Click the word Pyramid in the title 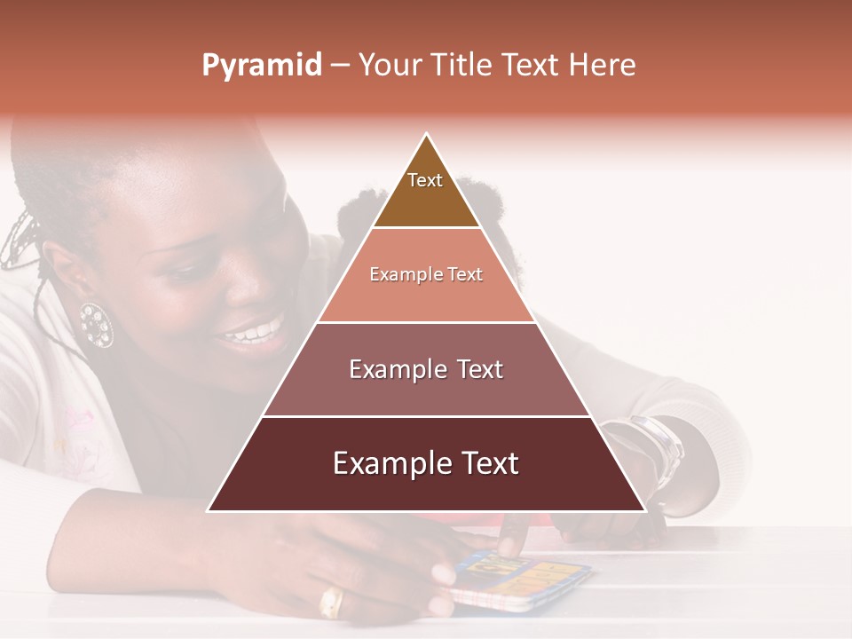click(x=261, y=66)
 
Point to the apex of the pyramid click(x=427, y=135)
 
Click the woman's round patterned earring click(x=96, y=325)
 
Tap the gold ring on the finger click(x=331, y=603)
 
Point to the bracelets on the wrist click(x=658, y=444)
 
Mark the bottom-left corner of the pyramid click(x=208, y=511)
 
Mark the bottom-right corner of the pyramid click(x=645, y=511)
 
